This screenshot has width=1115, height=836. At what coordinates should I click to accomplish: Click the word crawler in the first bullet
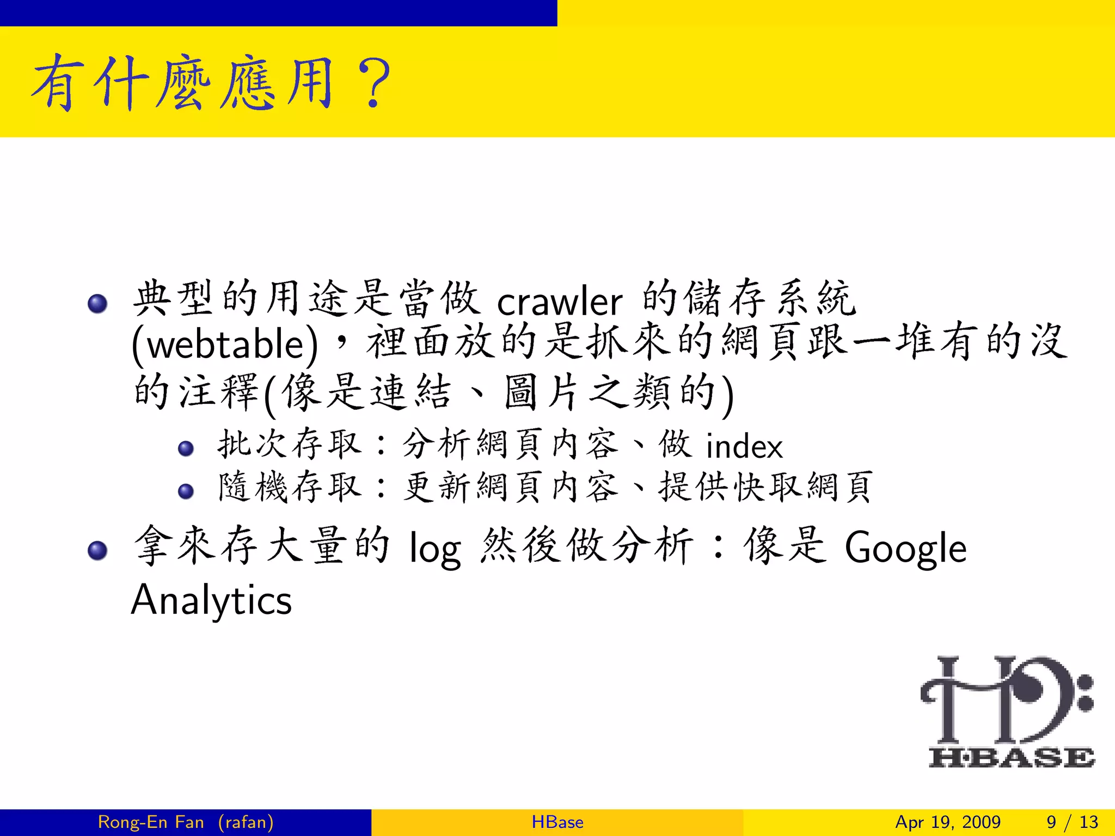(x=559, y=301)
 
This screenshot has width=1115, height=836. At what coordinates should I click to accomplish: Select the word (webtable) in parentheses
(x=225, y=345)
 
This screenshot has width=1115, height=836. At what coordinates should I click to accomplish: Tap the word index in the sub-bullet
(x=744, y=446)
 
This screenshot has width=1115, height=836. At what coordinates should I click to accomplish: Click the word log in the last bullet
(x=435, y=549)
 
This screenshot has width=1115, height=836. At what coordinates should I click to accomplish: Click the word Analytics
(x=211, y=600)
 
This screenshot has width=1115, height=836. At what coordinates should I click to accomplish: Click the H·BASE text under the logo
(x=1011, y=758)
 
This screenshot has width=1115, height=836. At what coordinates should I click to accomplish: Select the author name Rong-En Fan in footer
(x=151, y=822)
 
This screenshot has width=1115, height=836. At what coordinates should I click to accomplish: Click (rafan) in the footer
(x=246, y=822)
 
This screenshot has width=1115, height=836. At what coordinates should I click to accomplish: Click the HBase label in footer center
(x=557, y=822)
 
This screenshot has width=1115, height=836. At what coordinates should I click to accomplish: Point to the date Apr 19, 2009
(x=948, y=822)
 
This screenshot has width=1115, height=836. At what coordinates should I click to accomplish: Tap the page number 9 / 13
(x=1072, y=822)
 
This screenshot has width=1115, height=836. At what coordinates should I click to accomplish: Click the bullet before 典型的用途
(x=97, y=303)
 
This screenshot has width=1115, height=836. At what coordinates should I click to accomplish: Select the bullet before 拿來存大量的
(x=97, y=550)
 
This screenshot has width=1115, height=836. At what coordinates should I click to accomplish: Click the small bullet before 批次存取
(x=186, y=448)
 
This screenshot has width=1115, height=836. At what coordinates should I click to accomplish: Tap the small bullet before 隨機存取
(x=186, y=491)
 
